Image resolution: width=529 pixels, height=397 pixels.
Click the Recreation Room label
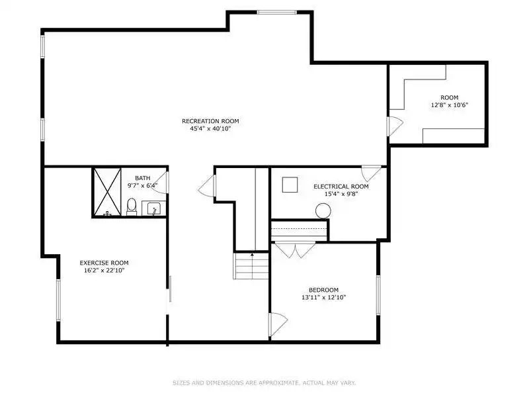[x=210, y=121]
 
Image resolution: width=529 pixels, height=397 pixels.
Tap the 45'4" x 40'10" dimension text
[x=210, y=128]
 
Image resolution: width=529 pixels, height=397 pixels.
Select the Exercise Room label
[x=104, y=263]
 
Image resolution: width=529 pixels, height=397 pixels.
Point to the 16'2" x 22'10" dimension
[x=104, y=270]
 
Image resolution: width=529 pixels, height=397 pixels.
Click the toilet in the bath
[x=132, y=206]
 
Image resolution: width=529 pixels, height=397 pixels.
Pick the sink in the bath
[x=153, y=208]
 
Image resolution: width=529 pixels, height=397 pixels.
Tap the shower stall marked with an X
[x=107, y=192]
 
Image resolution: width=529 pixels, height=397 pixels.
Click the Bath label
[x=143, y=178]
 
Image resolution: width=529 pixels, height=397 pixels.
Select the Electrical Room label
[x=341, y=187]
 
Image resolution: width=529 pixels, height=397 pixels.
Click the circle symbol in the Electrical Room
[x=323, y=210]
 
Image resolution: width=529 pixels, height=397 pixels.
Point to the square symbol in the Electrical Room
[x=290, y=185]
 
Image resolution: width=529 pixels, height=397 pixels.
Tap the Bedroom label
[x=323, y=290]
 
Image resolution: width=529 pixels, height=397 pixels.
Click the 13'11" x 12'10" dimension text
[x=323, y=297]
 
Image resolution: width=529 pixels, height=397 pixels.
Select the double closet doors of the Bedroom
[x=295, y=250]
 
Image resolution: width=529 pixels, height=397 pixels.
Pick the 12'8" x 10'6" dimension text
[x=450, y=105]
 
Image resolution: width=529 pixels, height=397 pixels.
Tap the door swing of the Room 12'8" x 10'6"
[x=395, y=126]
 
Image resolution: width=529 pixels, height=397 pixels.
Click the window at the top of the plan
[x=276, y=13]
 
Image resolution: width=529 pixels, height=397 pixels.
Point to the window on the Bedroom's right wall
[x=378, y=295]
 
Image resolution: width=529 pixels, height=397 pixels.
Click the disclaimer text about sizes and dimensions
[x=264, y=383]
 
